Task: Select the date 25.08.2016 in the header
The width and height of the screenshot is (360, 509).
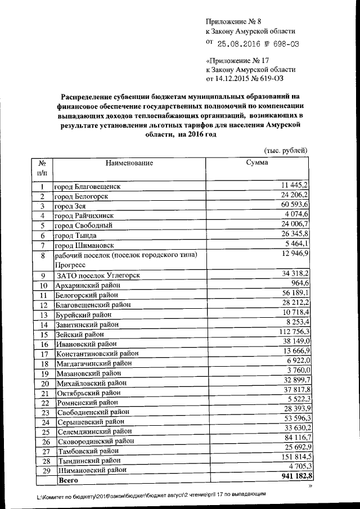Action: (x=242, y=43)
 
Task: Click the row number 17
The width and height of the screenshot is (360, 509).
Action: (x=43, y=354)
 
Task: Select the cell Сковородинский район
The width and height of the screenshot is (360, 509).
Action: (x=96, y=441)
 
